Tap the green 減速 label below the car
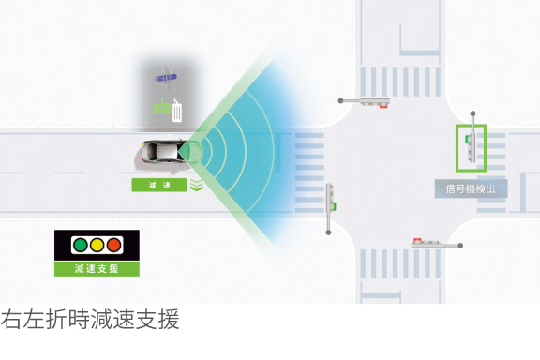click(x=159, y=186)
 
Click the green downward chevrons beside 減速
click(x=196, y=185)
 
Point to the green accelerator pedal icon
click(x=160, y=108)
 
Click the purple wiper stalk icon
click(x=169, y=77)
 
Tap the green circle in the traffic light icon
click(x=80, y=246)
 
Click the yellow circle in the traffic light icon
click(x=97, y=246)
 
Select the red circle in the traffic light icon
click(x=113, y=246)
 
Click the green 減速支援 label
click(x=97, y=269)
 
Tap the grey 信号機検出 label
click(x=471, y=188)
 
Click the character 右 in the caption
click(x=11, y=320)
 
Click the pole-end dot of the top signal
click(x=342, y=100)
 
